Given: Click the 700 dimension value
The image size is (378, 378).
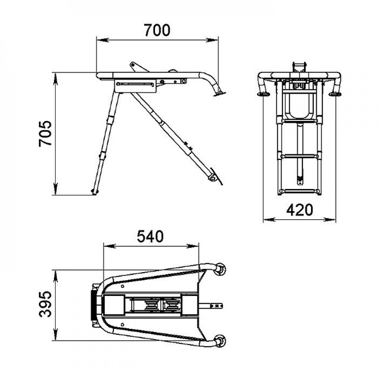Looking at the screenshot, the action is (x=157, y=30).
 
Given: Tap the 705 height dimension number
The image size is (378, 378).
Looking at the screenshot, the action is (x=45, y=133).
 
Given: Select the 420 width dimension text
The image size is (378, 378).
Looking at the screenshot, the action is (x=299, y=210).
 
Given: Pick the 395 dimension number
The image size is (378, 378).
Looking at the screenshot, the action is (x=45, y=304).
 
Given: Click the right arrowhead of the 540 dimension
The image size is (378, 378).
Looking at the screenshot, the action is (x=193, y=246).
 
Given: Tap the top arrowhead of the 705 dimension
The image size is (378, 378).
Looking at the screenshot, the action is (x=56, y=79).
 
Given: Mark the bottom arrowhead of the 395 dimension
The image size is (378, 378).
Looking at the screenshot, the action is (x=56, y=335).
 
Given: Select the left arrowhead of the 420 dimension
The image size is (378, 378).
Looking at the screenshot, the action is (x=269, y=219).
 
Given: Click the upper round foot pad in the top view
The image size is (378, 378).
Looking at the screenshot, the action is (x=220, y=270).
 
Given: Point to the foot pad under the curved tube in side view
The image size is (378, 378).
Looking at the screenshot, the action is (x=219, y=94).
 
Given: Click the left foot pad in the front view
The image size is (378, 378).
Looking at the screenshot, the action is (x=263, y=94).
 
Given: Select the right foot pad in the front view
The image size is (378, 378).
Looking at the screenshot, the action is (x=335, y=94).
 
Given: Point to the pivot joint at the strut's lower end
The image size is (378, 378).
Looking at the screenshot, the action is (x=212, y=178).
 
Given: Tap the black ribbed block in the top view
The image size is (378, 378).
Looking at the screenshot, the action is (x=93, y=305).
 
